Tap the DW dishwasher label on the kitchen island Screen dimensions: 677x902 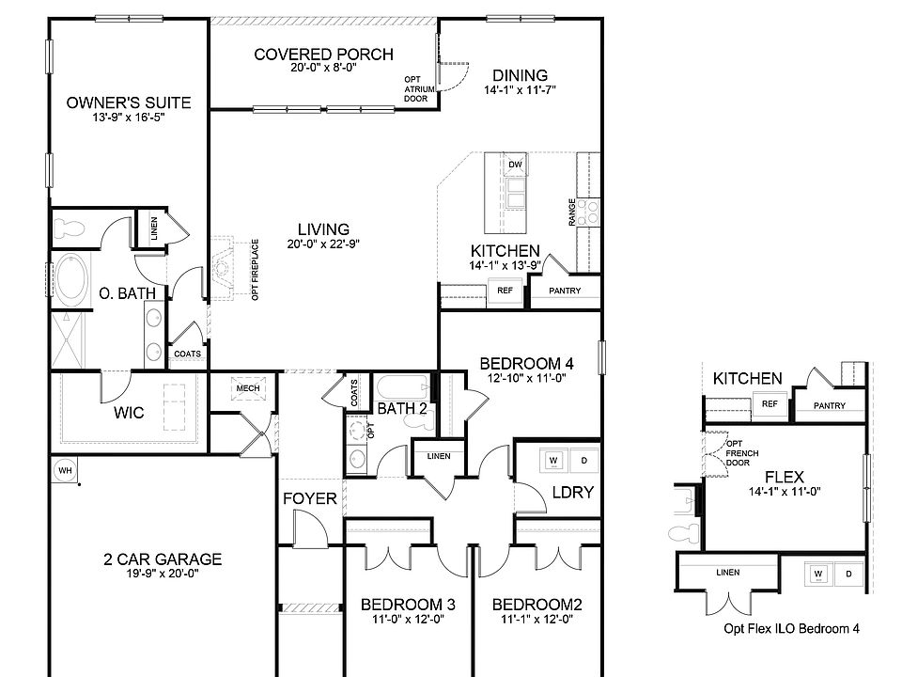[514, 165]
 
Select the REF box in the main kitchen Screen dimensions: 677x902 [504, 291]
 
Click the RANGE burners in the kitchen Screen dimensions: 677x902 [589, 212]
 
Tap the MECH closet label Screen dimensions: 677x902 [248, 388]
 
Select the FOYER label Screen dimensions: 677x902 [309, 498]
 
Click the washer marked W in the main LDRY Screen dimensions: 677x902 [553, 461]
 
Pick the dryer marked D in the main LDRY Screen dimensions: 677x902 [583, 461]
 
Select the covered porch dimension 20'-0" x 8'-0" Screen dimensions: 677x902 [323, 69]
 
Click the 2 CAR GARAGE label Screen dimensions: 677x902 [163, 559]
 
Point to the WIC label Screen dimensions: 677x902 [128, 412]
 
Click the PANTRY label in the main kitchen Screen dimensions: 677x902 [565, 291]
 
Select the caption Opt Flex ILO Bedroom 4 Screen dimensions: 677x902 [791, 628]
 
